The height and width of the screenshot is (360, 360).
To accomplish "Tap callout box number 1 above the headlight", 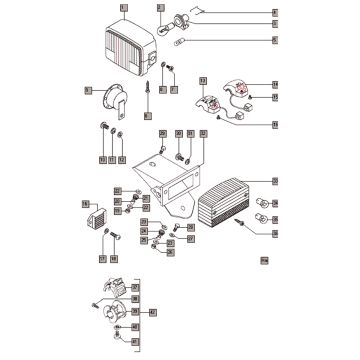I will click(x=123, y=8).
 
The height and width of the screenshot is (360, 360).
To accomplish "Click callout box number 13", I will click(x=202, y=80).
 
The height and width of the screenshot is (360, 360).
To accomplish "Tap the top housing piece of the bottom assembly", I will click(x=115, y=289).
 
